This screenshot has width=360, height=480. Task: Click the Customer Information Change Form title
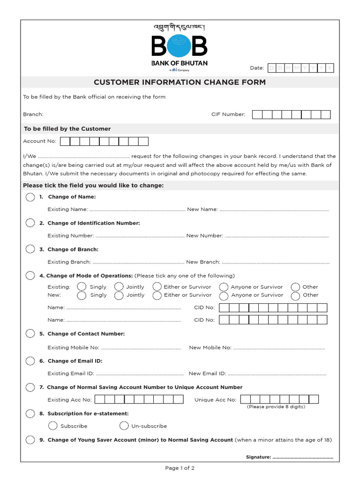click(x=180, y=82)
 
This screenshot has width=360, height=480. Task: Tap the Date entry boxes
click(x=300, y=68)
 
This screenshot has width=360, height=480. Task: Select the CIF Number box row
click(x=291, y=114)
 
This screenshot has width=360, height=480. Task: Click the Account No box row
click(x=104, y=141)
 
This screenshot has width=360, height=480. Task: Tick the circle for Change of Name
click(x=30, y=197)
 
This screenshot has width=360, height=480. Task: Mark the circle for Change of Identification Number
click(x=30, y=223)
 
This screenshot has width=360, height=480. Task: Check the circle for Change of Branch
click(x=30, y=249)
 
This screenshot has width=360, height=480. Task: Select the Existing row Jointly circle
click(x=119, y=287)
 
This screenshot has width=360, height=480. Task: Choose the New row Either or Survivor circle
click(x=157, y=295)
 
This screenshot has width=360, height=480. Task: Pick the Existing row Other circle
click(x=295, y=287)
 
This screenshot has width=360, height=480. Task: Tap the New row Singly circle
click(x=82, y=295)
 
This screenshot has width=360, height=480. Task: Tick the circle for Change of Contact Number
click(x=30, y=334)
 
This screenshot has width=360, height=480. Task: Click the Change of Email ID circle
click(x=30, y=361)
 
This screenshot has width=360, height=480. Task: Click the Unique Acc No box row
click(x=279, y=399)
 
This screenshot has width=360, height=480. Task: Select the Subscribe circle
click(x=53, y=426)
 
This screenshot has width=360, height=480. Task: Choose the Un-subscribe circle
click(x=124, y=426)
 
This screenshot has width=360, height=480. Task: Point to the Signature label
click(x=258, y=457)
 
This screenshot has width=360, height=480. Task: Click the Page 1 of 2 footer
click(x=180, y=468)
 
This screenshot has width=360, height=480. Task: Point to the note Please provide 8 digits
click(x=276, y=407)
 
